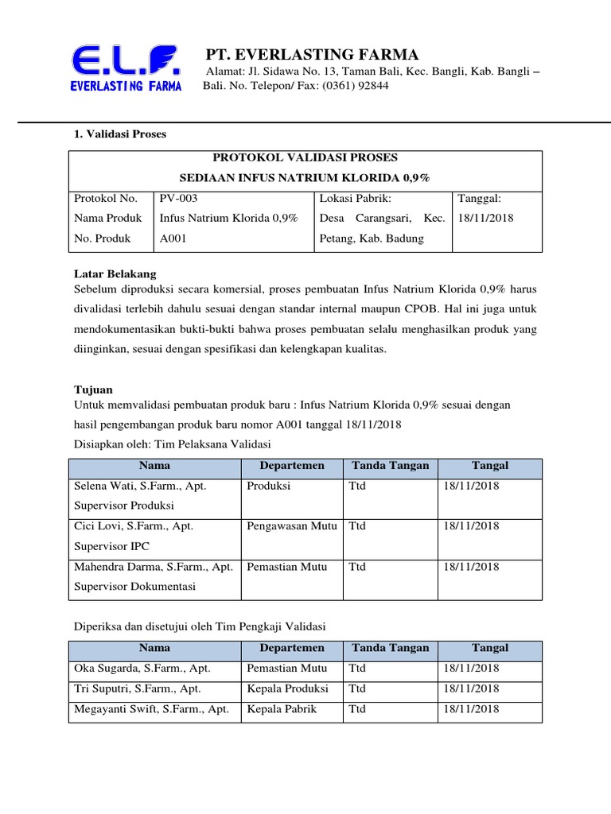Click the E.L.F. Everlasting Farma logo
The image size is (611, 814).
pyautogui.click(x=126, y=68)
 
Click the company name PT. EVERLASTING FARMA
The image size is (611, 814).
pyautogui.click(x=312, y=55)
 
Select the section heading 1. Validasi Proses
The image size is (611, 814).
pyautogui.click(x=120, y=134)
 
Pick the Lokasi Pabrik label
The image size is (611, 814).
pyautogui.click(x=356, y=198)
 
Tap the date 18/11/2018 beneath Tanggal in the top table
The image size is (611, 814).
pyautogui.click(x=486, y=218)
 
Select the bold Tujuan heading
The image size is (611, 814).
pyautogui.click(x=93, y=390)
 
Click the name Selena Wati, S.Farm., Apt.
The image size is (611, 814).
pyautogui.click(x=140, y=485)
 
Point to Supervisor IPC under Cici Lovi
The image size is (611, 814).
pyautogui.click(x=111, y=546)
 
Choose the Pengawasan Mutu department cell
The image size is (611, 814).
pyautogui.click(x=291, y=525)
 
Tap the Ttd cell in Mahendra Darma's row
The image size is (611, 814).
pyautogui.click(x=357, y=567)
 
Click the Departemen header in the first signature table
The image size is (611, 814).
pyautogui.click(x=291, y=466)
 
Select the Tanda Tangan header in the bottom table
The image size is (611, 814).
pyautogui.click(x=390, y=648)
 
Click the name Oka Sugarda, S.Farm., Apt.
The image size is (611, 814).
pyautogui.click(x=142, y=669)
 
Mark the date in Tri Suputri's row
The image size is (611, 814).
pyautogui.click(x=472, y=688)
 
